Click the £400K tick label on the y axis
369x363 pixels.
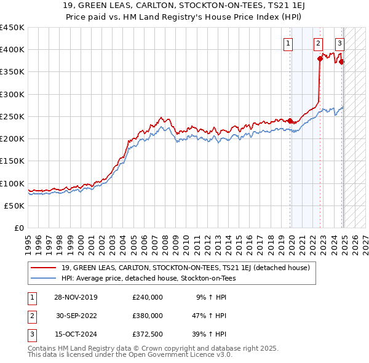click(12, 50)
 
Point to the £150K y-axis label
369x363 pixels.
click(12, 161)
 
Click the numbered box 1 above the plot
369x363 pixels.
click(288, 43)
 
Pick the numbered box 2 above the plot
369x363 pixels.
click(318, 43)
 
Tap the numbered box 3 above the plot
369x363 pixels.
click(339, 43)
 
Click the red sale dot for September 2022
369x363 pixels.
click(320, 58)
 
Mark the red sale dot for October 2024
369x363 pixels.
click(342, 62)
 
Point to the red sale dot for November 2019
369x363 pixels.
click(290, 121)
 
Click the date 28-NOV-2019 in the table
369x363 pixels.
click(76, 297)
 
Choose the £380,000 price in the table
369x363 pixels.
click(148, 316)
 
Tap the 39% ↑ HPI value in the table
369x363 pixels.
click(208, 334)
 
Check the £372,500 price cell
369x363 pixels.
click(148, 334)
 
